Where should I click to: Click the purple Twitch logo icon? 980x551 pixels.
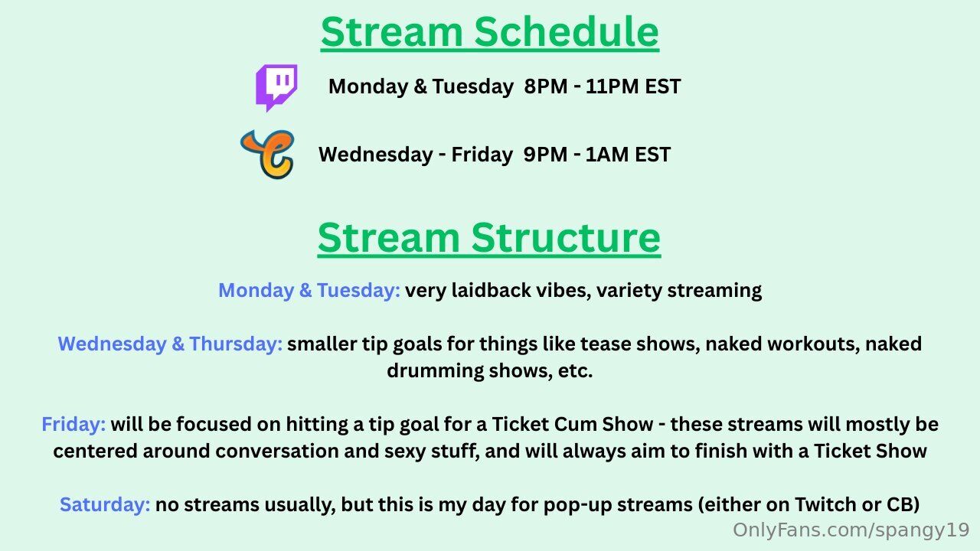276,87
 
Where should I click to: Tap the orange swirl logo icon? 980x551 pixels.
268,154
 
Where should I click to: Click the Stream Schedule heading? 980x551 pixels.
489,32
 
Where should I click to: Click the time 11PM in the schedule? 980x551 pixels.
612,86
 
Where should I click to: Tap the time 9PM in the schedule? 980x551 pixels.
545,155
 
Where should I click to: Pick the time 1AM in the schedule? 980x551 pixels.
607,155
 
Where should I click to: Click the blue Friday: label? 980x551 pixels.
73,424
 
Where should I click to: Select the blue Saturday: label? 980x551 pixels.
105,504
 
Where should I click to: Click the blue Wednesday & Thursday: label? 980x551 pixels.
170,344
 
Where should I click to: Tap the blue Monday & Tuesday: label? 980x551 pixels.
309,290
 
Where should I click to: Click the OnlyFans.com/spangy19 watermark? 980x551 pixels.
851,530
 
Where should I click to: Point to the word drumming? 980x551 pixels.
436,371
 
